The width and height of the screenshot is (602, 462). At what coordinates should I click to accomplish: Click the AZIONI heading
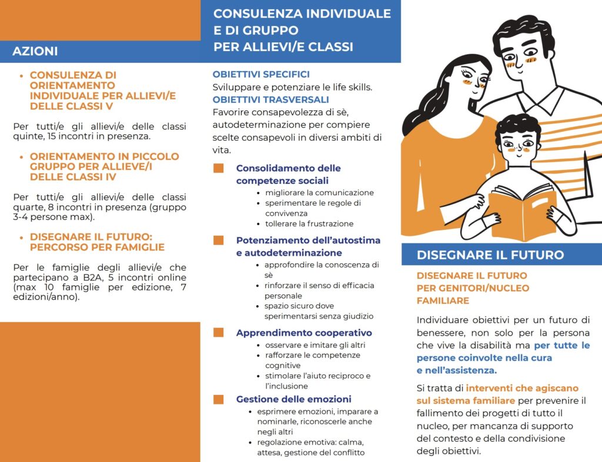[35, 51]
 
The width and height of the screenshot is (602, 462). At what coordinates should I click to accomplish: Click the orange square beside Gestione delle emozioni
[219, 400]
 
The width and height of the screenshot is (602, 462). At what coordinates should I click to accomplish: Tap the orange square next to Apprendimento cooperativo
[219, 333]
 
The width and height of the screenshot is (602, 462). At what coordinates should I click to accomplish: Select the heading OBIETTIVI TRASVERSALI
[270, 100]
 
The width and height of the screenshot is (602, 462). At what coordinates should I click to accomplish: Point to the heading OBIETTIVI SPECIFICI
[261, 75]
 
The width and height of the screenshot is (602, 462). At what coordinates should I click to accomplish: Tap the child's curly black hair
[517, 126]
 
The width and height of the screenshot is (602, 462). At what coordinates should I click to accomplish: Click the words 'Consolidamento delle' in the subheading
[288, 168]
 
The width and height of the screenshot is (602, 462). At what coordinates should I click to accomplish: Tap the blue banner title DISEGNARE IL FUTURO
[490, 255]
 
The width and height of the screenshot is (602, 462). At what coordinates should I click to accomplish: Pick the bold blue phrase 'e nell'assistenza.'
[457, 370]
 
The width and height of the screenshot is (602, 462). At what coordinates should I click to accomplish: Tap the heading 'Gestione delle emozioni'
[293, 399]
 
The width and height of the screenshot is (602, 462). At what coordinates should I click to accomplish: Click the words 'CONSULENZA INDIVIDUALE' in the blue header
[302, 14]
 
